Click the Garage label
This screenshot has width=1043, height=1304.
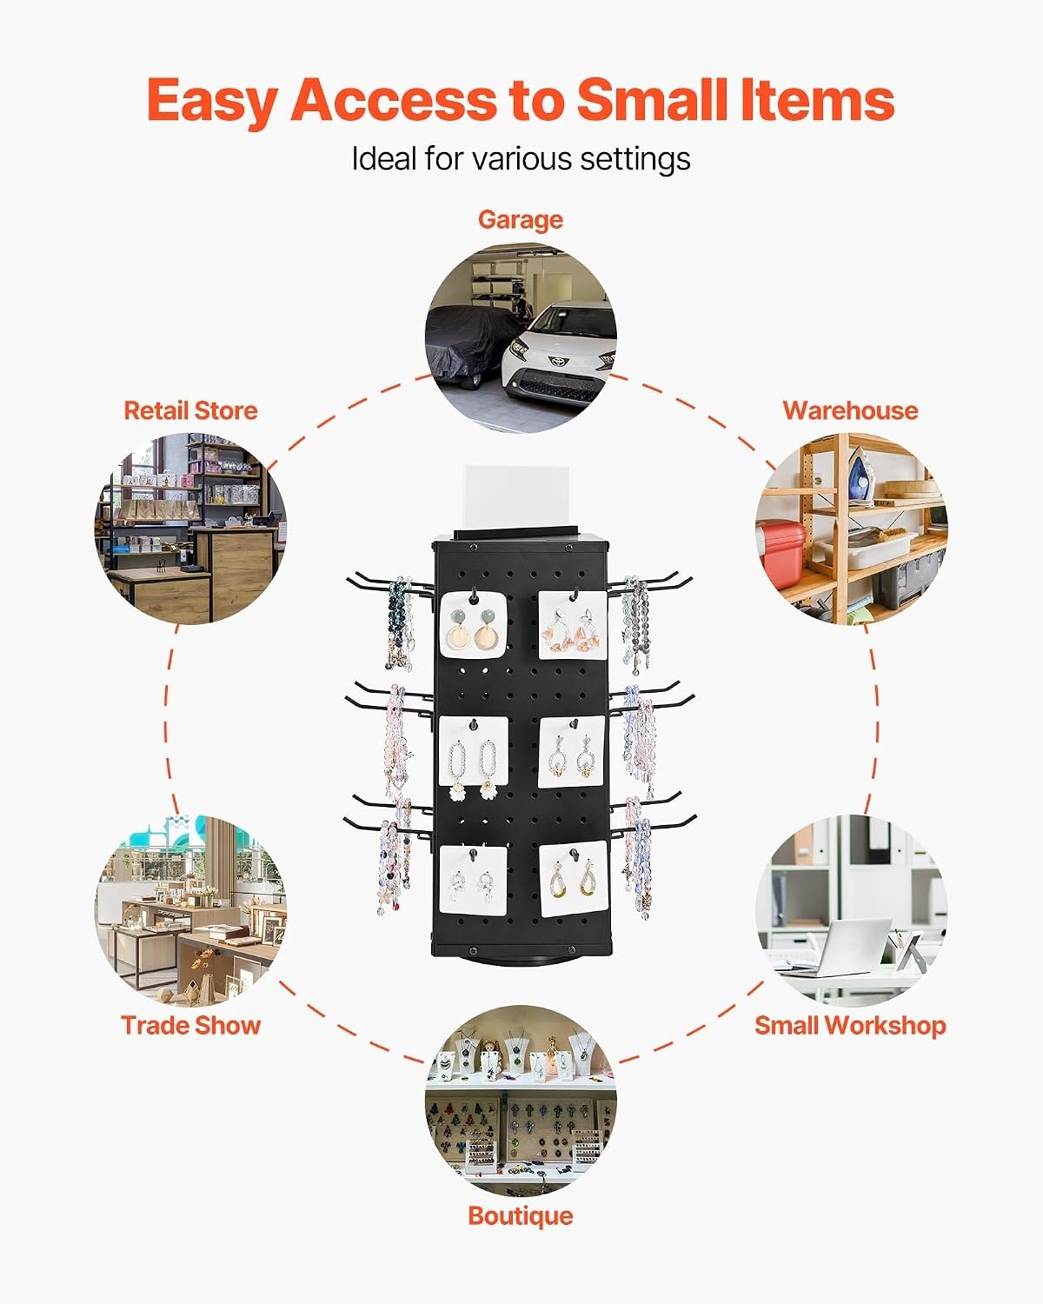click(x=521, y=220)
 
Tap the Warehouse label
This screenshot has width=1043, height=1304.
click(x=850, y=411)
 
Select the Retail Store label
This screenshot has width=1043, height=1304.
click(x=191, y=411)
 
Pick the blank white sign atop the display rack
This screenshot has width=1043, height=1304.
click(x=515, y=497)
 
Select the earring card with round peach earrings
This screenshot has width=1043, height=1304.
click(x=472, y=625)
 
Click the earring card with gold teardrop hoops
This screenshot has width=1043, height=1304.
click(x=573, y=878)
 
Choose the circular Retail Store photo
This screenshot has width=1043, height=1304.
click(x=191, y=528)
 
